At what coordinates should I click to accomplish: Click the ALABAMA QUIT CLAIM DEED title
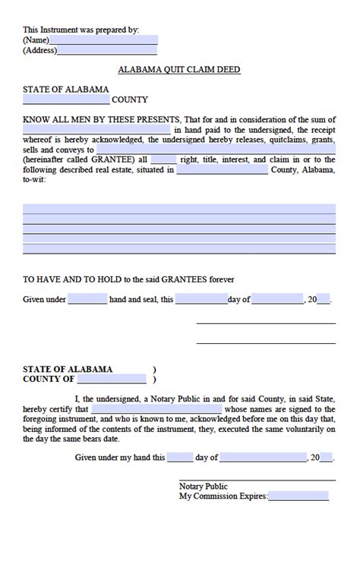coord(179,70)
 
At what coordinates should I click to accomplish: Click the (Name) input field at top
coord(104,40)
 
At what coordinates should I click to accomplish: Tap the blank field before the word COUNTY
coord(66,99)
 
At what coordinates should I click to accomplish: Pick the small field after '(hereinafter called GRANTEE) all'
coord(163,160)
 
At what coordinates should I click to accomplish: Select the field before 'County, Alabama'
coord(222,170)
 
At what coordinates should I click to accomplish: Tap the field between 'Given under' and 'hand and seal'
coord(87,300)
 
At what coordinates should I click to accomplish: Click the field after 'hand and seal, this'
coord(201,300)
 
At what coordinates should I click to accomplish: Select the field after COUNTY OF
coord(111,379)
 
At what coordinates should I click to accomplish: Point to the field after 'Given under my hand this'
coord(180,458)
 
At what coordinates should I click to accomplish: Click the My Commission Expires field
coord(298,496)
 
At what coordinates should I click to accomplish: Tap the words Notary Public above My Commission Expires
coord(203,487)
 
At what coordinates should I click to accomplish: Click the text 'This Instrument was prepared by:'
coord(81,30)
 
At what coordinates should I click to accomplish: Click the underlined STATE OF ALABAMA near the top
coord(66,90)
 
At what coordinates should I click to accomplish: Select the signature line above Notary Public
coord(257,480)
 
